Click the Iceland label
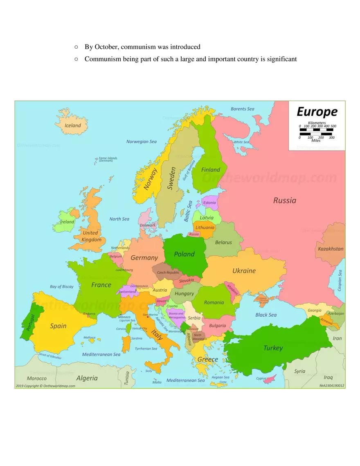73,126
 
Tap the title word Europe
317,112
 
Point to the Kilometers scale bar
317,131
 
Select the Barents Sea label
243,109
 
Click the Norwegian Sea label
142,142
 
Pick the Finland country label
211,169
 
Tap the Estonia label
209,203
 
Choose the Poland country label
184,254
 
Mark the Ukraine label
244,271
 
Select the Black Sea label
266,315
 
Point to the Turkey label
273,348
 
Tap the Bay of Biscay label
62,286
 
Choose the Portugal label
28,323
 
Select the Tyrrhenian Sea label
146,349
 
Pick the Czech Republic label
169,272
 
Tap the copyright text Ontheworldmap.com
45,386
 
